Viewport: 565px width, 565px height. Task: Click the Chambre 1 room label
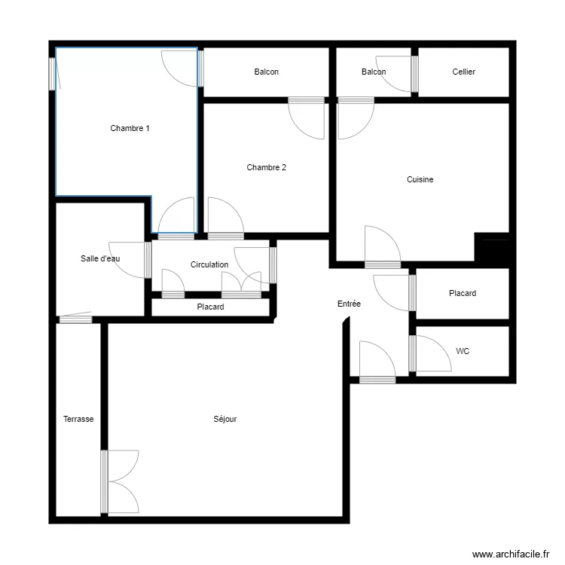(130, 128)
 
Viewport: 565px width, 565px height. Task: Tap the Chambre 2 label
(266, 167)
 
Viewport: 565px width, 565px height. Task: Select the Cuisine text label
(420, 179)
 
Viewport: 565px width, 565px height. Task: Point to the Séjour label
(225, 419)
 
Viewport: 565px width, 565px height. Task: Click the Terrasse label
(78, 419)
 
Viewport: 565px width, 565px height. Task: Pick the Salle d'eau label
(100, 258)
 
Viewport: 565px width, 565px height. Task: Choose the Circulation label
(209, 264)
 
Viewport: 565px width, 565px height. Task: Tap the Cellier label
(463, 72)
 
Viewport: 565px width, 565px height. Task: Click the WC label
(463, 351)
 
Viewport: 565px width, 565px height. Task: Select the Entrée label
(349, 304)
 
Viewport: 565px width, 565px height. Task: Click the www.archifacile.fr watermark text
(510, 554)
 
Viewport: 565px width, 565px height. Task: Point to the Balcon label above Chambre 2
(266, 72)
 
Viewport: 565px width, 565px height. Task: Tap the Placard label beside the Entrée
(462, 293)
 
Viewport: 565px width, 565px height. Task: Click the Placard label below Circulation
(210, 307)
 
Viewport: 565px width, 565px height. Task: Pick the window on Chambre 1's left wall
(53, 73)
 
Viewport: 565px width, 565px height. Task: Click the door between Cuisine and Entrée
(382, 247)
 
